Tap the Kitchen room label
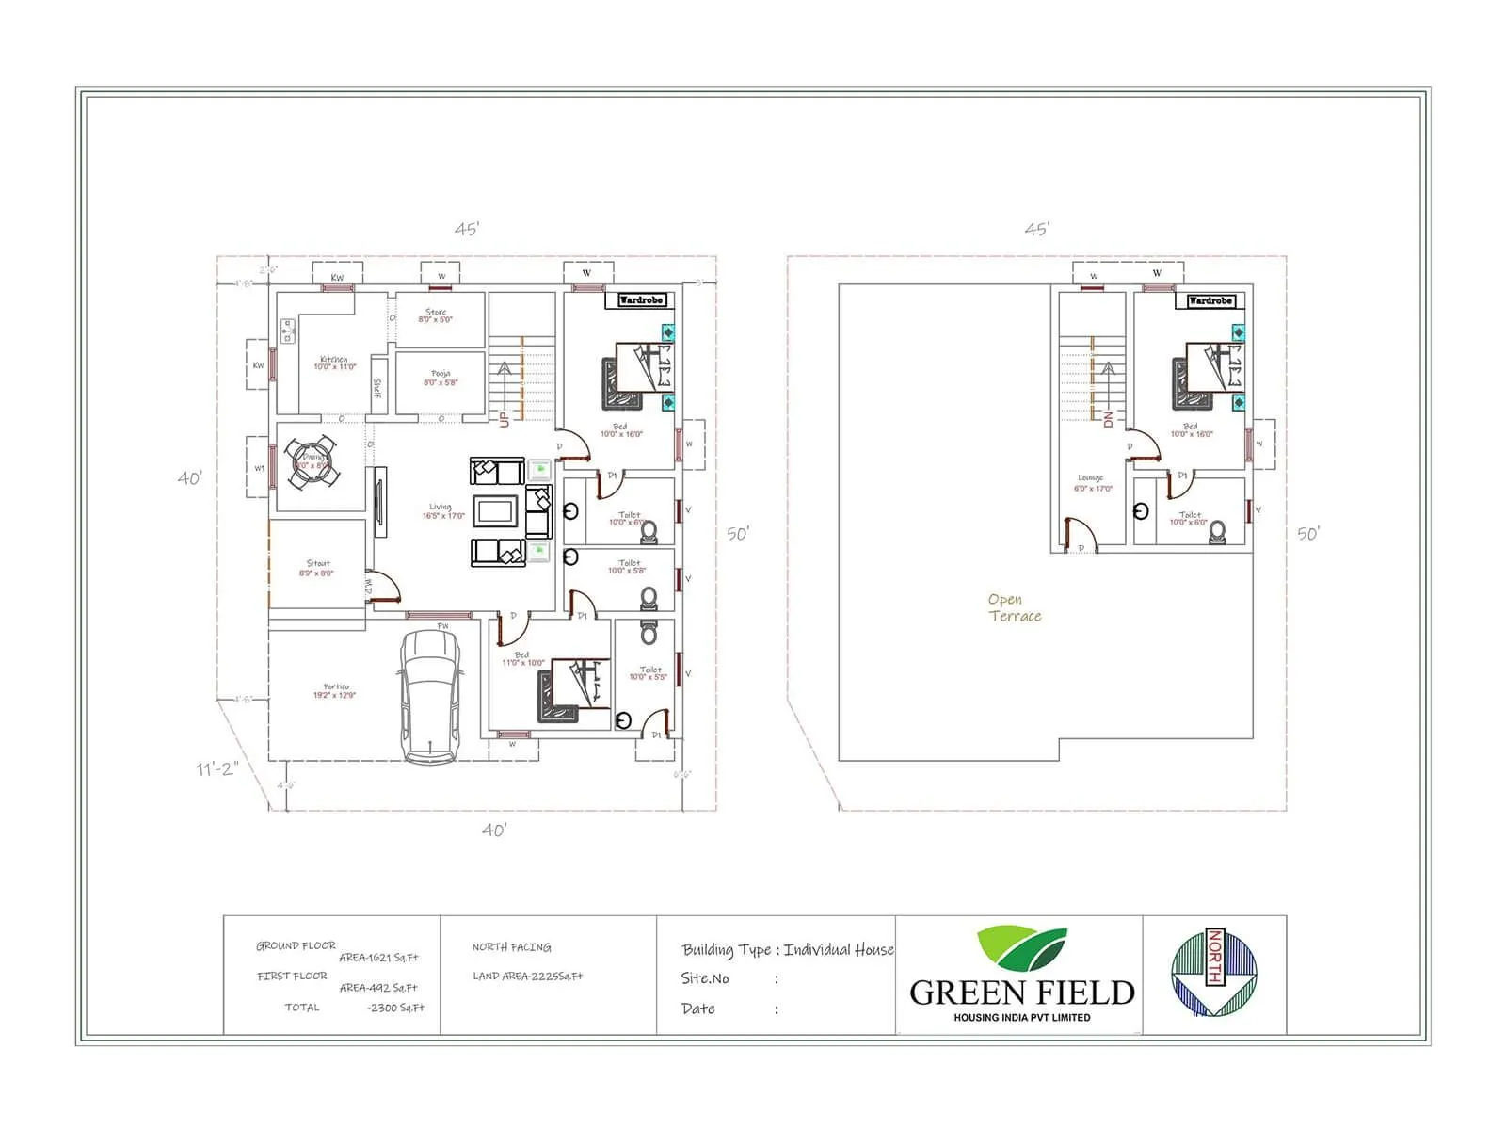pyautogui.click(x=334, y=363)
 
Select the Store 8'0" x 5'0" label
pyautogui.click(x=436, y=315)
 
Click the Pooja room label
pyautogui.click(x=441, y=378)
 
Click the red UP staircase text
pyautogui.click(x=505, y=418)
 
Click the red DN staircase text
pyautogui.click(x=1108, y=419)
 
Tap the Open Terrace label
pyautogui.click(x=1014, y=607)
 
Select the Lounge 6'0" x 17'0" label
pyautogui.click(x=1092, y=483)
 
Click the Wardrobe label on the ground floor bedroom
pyautogui.click(x=641, y=300)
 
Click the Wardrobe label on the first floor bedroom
pyautogui.click(x=1210, y=300)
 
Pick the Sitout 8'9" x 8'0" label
pyautogui.click(x=317, y=568)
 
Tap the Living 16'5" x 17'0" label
pyautogui.click(x=442, y=511)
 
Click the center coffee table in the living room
pyautogui.click(x=496, y=511)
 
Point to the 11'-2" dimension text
pyautogui.click(x=217, y=769)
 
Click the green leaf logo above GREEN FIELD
pyautogui.click(x=1022, y=949)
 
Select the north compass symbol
pyautogui.click(x=1214, y=973)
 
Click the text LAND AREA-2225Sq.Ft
pyautogui.click(x=527, y=977)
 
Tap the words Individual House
pyautogui.click(x=838, y=949)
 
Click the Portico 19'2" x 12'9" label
pyautogui.click(x=335, y=691)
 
